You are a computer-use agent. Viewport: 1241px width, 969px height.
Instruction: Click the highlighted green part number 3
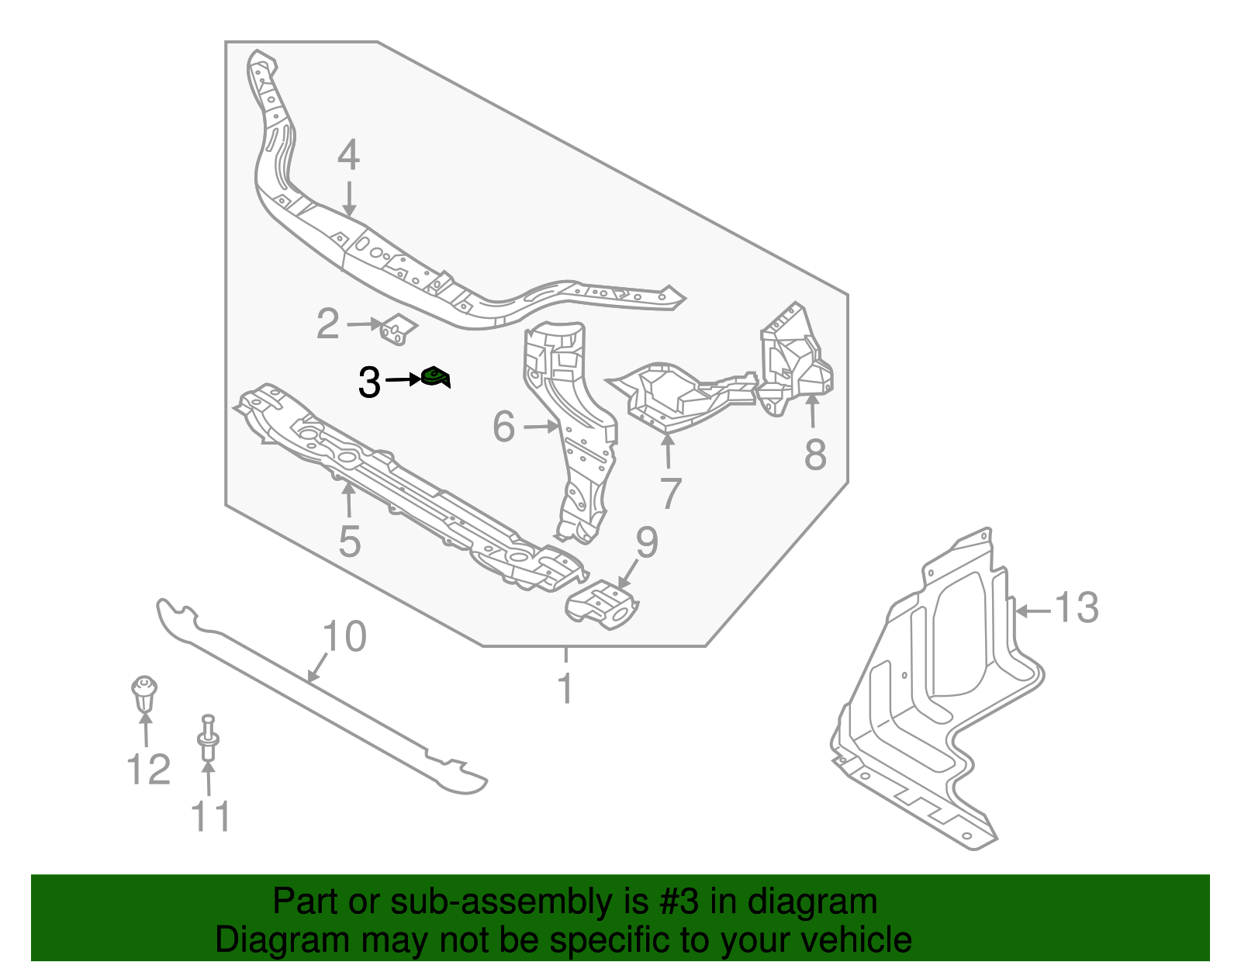click(x=435, y=378)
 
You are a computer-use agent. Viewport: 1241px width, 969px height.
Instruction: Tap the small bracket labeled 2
click(x=398, y=329)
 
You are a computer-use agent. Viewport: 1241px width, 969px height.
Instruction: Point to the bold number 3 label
click(x=369, y=383)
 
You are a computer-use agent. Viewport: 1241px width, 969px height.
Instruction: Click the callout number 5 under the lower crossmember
click(x=349, y=541)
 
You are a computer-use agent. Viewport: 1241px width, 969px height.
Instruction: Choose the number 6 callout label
click(x=504, y=427)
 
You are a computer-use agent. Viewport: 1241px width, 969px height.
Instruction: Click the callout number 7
click(x=670, y=493)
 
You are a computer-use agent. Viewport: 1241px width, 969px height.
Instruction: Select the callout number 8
click(x=814, y=455)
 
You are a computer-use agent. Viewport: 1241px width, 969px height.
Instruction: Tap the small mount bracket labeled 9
click(x=603, y=604)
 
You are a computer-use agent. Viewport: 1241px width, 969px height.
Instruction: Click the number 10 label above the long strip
click(x=344, y=637)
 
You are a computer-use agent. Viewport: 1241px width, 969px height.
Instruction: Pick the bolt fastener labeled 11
click(x=208, y=739)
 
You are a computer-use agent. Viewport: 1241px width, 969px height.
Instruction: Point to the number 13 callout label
click(x=1077, y=607)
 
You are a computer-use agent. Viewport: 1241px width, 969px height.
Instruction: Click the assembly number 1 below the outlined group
click(x=565, y=688)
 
